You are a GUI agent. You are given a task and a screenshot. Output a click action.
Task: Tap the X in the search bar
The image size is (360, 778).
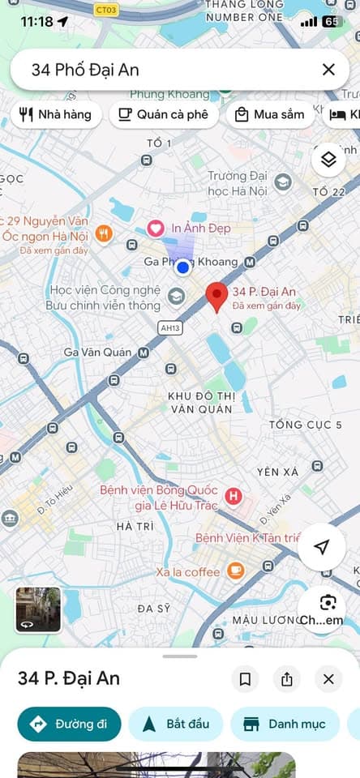pyautogui.click(x=328, y=70)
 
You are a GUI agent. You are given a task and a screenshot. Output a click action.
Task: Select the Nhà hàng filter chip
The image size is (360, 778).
pyautogui.click(x=55, y=114)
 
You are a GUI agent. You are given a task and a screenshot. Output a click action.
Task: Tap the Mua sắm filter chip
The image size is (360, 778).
pyautogui.click(x=269, y=114)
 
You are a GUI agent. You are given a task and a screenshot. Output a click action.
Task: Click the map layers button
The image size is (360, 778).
pyautogui.click(x=328, y=160)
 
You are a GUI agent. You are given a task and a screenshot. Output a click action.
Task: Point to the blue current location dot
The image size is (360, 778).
pyautogui.click(x=183, y=267)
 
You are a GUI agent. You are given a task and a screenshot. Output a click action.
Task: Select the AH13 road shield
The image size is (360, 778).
pyautogui.click(x=169, y=328)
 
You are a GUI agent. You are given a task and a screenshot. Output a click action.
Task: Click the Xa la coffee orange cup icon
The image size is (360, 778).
pyautogui.click(x=235, y=571)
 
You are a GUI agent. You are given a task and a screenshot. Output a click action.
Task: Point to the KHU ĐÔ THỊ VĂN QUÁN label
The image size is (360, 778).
pyautogui.click(x=201, y=402)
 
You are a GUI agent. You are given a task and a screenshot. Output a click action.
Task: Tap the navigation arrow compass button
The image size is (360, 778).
pyautogui.click(x=321, y=548)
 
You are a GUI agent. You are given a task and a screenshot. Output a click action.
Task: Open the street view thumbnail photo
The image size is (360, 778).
pyautogui.click(x=38, y=609)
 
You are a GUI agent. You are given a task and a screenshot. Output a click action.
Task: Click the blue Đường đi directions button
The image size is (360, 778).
pyautogui.click(x=69, y=724)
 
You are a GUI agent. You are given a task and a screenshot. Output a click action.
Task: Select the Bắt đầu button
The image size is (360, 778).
pyautogui.click(x=176, y=724)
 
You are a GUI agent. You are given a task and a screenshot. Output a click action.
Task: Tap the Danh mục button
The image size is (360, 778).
pyautogui.click(x=285, y=724)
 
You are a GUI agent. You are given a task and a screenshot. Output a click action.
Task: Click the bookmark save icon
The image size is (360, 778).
pyautogui.click(x=245, y=679)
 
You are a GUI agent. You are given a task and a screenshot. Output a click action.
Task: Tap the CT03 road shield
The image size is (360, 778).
pyautogui.click(x=105, y=10)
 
